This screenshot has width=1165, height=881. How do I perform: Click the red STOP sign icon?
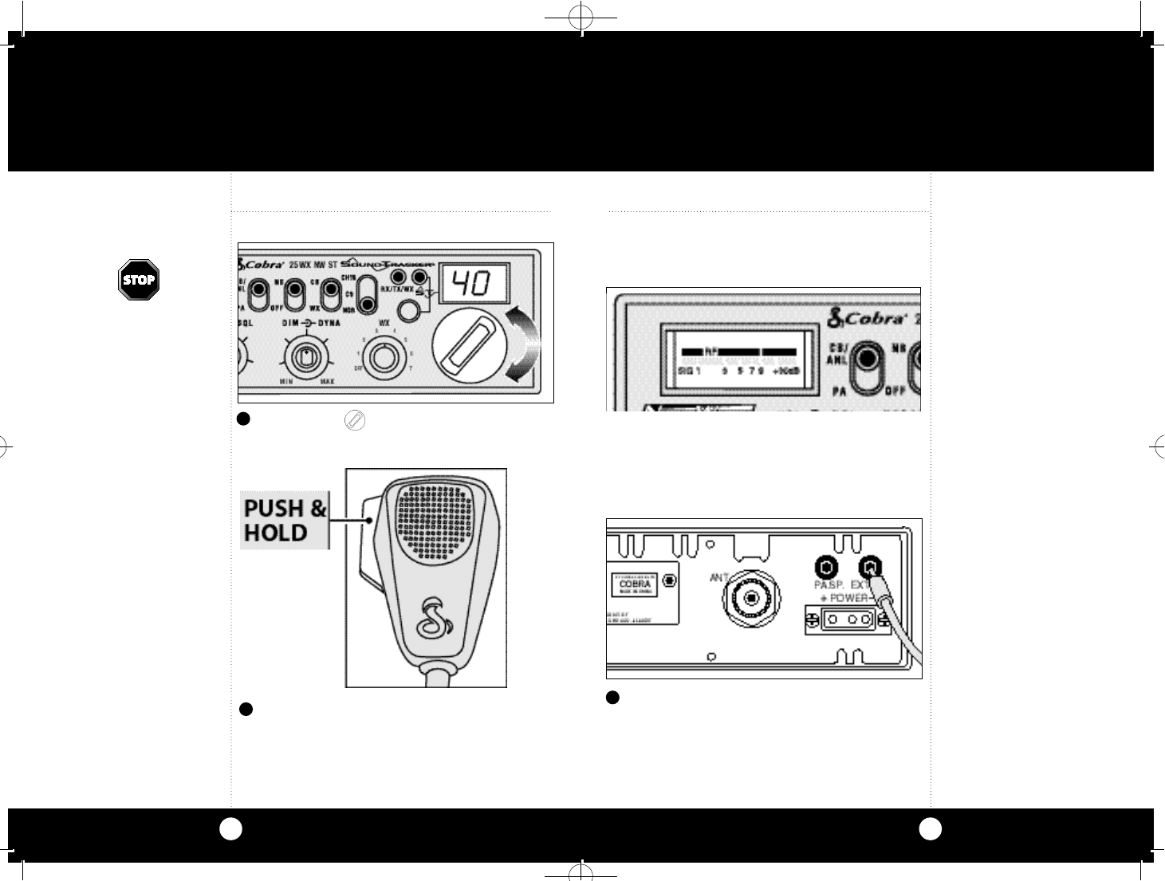[x=139, y=280]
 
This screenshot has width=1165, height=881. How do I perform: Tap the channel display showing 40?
[x=475, y=282]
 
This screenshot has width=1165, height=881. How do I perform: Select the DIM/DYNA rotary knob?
[x=304, y=357]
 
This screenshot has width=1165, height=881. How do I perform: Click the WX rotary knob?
[x=384, y=358]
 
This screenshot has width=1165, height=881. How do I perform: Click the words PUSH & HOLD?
[x=285, y=520]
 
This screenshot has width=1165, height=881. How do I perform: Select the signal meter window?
[x=740, y=360]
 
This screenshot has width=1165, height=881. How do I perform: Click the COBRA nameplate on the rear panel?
[x=635, y=584]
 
